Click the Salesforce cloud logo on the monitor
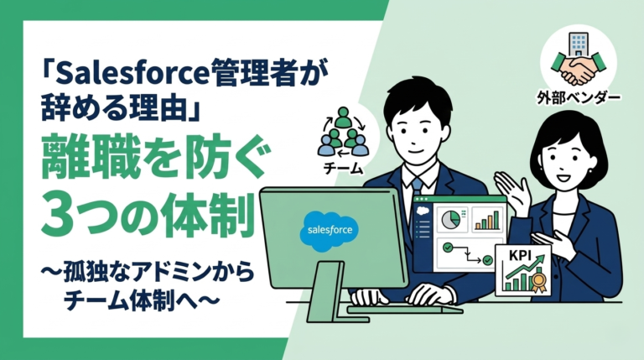(x=331, y=227)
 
